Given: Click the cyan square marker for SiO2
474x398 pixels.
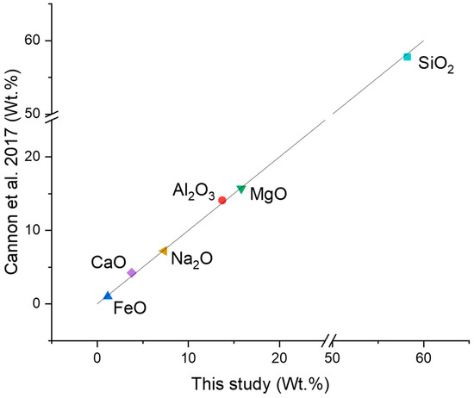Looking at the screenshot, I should [x=407, y=57].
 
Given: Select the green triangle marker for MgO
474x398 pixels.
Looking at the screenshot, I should [x=241, y=189].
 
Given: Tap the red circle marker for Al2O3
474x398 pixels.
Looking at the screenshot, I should [x=222, y=200].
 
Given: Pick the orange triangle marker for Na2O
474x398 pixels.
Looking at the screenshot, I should [x=164, y=251].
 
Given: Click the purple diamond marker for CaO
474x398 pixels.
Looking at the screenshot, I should [x=131, y=272].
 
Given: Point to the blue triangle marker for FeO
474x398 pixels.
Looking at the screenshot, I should [x=108, y=295].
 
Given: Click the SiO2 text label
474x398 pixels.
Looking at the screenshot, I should [x=436, y=64].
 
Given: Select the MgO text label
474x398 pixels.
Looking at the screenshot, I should [x=268, y=195].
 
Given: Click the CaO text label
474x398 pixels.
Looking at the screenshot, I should [x=109, y=262].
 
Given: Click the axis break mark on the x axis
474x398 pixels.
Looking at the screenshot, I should [x=329, y=339].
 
